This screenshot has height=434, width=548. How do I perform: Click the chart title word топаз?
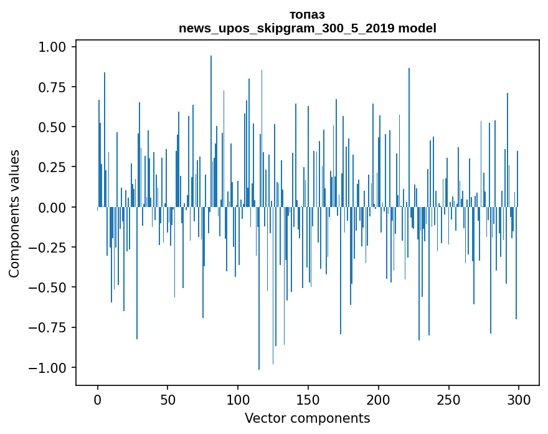click(307, 15)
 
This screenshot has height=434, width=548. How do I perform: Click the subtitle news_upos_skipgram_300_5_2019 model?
click(307, 28)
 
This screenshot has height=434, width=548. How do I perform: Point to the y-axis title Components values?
click(14, 213)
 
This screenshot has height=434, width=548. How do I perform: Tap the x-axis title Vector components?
click(307, 418)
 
